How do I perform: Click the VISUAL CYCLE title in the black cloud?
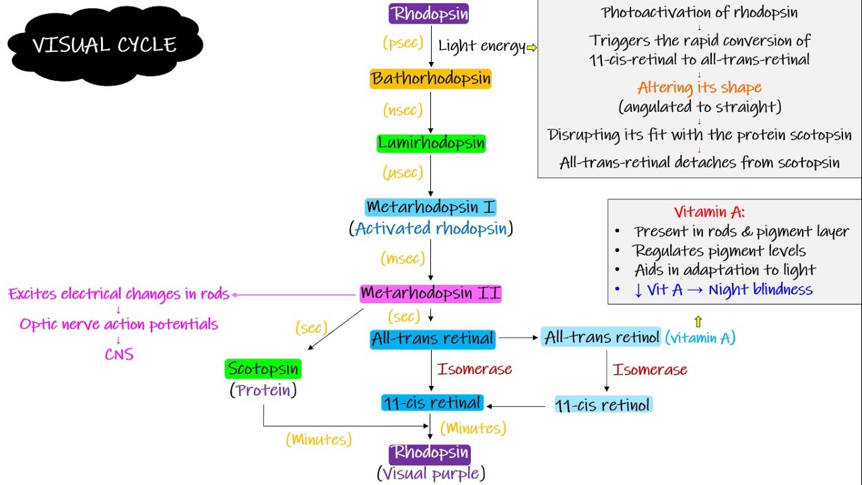[104, 45]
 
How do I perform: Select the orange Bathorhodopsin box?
[431, 79]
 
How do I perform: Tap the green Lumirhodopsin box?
[431, 143]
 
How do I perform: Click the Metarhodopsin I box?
[431, 207]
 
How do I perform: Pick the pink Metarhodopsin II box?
[431, 294]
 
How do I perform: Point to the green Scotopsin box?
[263, 369]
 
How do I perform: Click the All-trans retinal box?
[432, 339]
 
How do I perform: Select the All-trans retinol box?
[601, 337]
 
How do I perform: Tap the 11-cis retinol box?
[603, 405]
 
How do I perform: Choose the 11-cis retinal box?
[432, 403]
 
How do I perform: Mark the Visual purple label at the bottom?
[431, 474]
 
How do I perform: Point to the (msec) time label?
[403, 259]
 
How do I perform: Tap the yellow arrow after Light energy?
[531, 47]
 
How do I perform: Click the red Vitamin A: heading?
[709, 212]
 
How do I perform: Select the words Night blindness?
[760, 290]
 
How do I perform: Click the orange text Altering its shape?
[699, 88]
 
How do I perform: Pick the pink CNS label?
[119, 354]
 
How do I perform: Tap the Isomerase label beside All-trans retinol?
[650, 370]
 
